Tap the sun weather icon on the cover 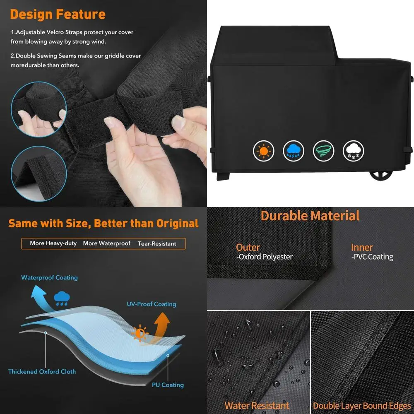tap(263, 151)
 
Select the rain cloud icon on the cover tap(294, 151)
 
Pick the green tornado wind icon tap(323, 151)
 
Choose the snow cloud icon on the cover tap(354, 151)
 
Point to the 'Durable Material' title tap(310, 216)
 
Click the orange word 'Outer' tap(248, 248)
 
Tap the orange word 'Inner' tap(362, 248)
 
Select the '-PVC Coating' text tap(372, 257)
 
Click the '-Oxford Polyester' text tap(264, 257)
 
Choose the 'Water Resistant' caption tap(257, 405)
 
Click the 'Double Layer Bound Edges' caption tap(362, 405)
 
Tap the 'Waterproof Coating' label tap(49, 277)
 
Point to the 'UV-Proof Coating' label tap(151, 304)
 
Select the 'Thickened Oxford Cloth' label tap(42, 371)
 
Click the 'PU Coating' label tap(167, 385)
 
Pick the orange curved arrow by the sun tap(161, 325)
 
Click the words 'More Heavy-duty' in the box tap(53, 243)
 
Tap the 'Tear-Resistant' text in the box tap(157, 244)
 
